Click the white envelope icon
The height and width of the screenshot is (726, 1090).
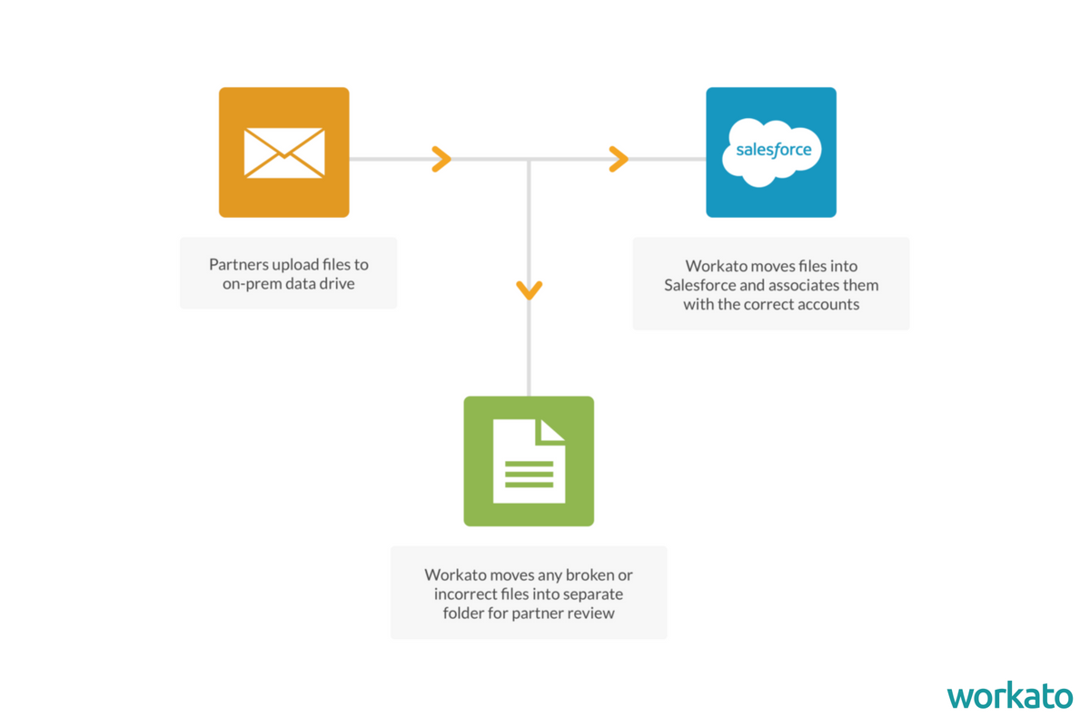(284, 152)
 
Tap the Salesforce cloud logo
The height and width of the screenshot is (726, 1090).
(772, 152)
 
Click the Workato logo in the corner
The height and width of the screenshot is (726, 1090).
(1009, 696)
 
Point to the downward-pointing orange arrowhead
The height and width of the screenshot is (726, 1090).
(530, 289)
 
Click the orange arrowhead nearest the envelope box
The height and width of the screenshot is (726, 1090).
(441, 159)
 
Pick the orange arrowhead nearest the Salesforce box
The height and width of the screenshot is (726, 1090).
(619, 159)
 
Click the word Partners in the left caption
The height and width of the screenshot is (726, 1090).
(239, 265)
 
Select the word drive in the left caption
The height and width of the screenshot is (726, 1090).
(336, 283)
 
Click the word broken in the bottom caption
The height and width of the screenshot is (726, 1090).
(590, 575)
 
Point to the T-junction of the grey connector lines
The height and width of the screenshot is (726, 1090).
(530, 160)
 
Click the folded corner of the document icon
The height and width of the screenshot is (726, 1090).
(551, 431)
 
